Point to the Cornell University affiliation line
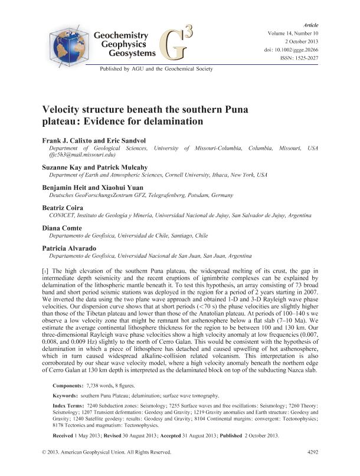click(x=159, y=175)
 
